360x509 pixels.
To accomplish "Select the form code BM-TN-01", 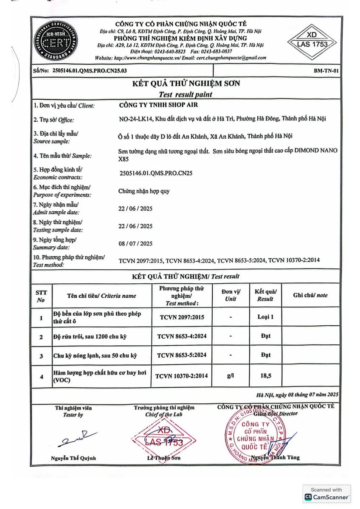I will [x=326, y=71].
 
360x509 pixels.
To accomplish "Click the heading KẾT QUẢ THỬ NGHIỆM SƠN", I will [x=186, y=84].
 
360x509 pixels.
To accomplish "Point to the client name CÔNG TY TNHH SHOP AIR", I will [x=158, y=105].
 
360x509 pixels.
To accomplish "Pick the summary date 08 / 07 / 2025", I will [x=135, y=243].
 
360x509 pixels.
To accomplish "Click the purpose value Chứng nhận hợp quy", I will [x=144, y=191].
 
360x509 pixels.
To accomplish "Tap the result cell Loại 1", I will [x=266, y=317].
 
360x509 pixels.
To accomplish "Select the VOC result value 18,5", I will [x=266, y=376].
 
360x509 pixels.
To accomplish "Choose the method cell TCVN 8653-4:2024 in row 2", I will [x=182, y=336].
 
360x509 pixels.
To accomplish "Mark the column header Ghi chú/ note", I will [x=310, y=296].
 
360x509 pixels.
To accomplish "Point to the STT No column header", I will [x=41, y=296].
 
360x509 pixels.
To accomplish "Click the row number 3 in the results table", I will [x=41, y=356].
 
